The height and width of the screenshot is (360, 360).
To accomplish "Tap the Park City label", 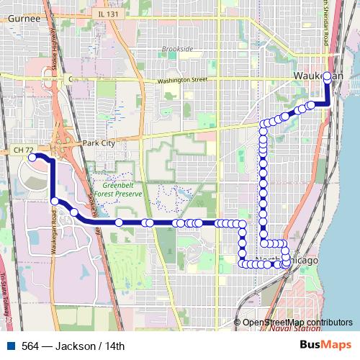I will [x=99, y=143].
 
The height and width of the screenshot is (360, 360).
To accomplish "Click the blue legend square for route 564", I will [x=8, y=346].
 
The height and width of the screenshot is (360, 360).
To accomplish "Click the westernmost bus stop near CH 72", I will [x=32, y=156].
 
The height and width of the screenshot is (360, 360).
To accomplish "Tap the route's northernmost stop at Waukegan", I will [x=328, y=76].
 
